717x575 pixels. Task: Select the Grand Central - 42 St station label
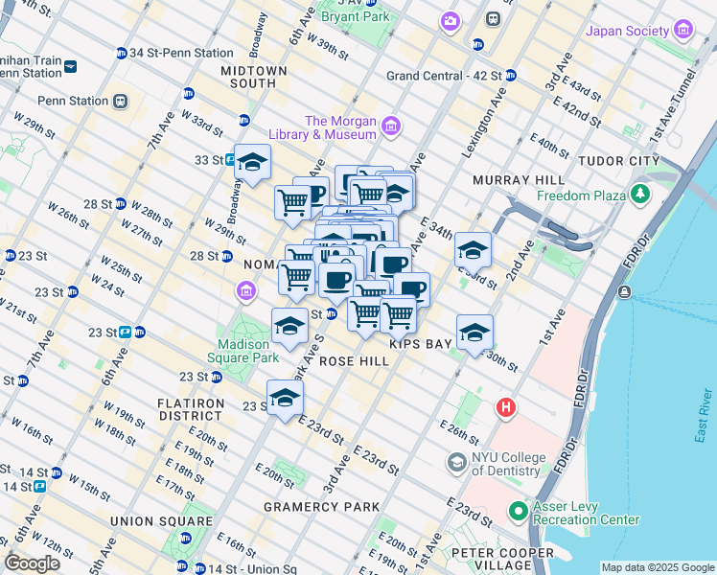pyautogui.click(x=444, y=76)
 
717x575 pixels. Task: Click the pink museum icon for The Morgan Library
pyautogui.click(x=390, y=126)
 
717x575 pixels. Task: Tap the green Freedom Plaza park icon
pyautogui.click(x=640, y=196)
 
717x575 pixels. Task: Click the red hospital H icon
pyautogui.click(x=506, y=409)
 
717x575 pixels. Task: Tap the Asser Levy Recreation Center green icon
pyautogui.click(x=519, y=512)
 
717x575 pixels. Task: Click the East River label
pyautogui.click(x=703, y=416)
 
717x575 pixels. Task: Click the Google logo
pyautogui.click(x=33, y=563)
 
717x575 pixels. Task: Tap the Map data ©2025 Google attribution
pyautogui.click(x=656, y=567)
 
